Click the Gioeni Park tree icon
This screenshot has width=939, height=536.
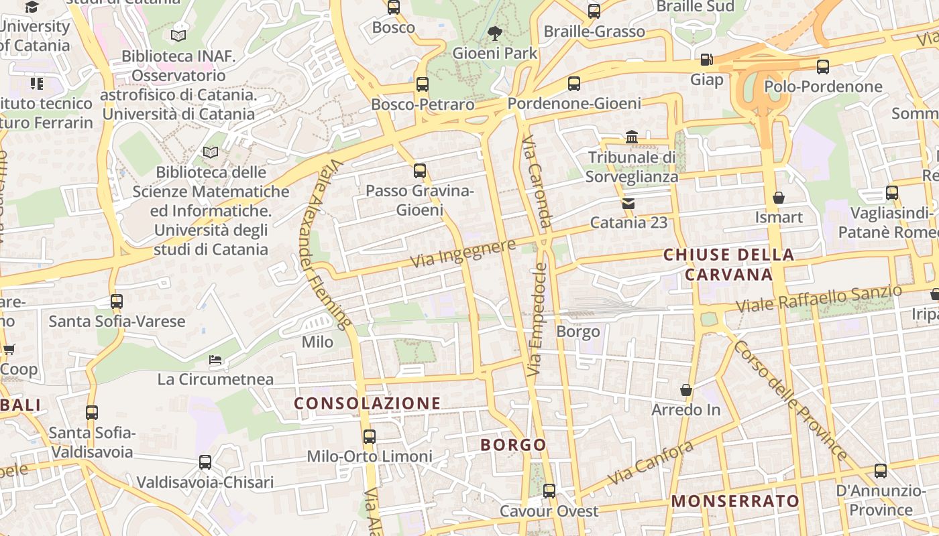(x=495, y=32)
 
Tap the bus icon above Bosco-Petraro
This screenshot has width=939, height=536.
(x=422, y=84)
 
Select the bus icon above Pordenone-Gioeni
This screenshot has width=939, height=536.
(x=573, y=84)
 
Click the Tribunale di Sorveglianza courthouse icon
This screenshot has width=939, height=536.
(x=631, y=137)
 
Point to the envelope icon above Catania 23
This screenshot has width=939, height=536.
(x=628, y=202)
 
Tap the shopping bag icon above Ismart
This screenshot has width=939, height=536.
(x=779, y=198)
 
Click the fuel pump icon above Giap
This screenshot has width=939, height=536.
(x=706, y=60)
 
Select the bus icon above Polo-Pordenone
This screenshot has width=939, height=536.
(x=823, y=66)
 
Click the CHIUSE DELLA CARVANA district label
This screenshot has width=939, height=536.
(x=728, y=265)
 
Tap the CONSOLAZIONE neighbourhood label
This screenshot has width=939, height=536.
(x=368, y=403)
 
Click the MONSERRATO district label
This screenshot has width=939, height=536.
(x=735, y=501)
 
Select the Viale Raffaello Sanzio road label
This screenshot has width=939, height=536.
(x=818, y=299)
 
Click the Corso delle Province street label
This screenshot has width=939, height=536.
(x=790, y=401)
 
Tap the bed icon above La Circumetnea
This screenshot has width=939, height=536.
(x=215, y=360)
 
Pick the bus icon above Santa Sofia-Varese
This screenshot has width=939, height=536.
(x=117, y=301)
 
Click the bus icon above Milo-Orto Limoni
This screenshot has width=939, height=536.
(x=369, y=437)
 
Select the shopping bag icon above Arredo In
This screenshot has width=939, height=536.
(x=686, y=390)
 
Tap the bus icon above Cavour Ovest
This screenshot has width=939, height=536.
(x=549, y=491)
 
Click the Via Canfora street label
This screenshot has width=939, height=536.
(x=650, y=463)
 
